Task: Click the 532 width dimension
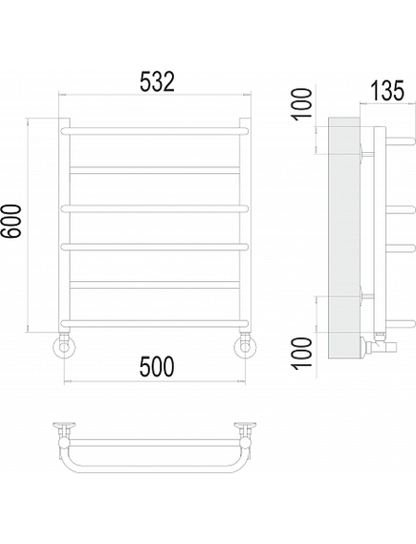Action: click(x=157, y=82)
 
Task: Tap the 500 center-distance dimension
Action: click(x=157, y=367)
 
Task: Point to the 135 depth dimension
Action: click(x=387, y=91)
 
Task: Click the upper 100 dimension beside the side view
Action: click(x=302, y=104)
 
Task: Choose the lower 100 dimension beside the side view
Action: click(x=302, y=353)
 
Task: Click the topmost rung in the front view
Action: click(x=155, y=131)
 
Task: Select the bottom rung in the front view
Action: click(x=155, y=323)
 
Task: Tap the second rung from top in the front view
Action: click(x=155, y=170)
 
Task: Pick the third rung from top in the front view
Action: click(x=155, y=208)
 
